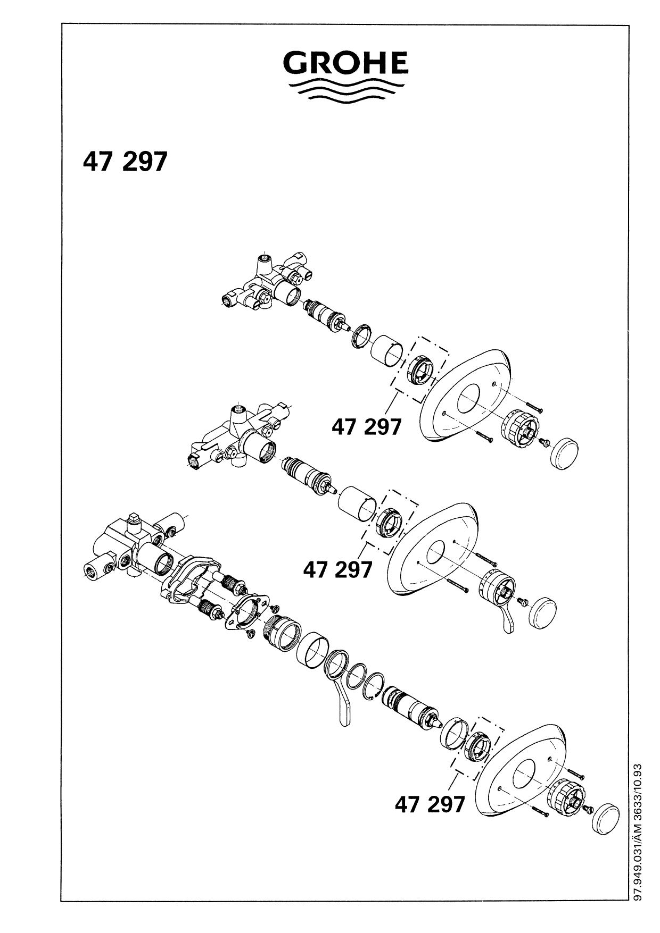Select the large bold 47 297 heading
(125, 162)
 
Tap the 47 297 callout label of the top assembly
(366, 426)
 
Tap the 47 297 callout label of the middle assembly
(337, 570)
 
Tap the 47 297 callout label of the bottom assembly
(430, 804)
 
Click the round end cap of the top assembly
(565, 453)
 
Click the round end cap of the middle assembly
(543, 612)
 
